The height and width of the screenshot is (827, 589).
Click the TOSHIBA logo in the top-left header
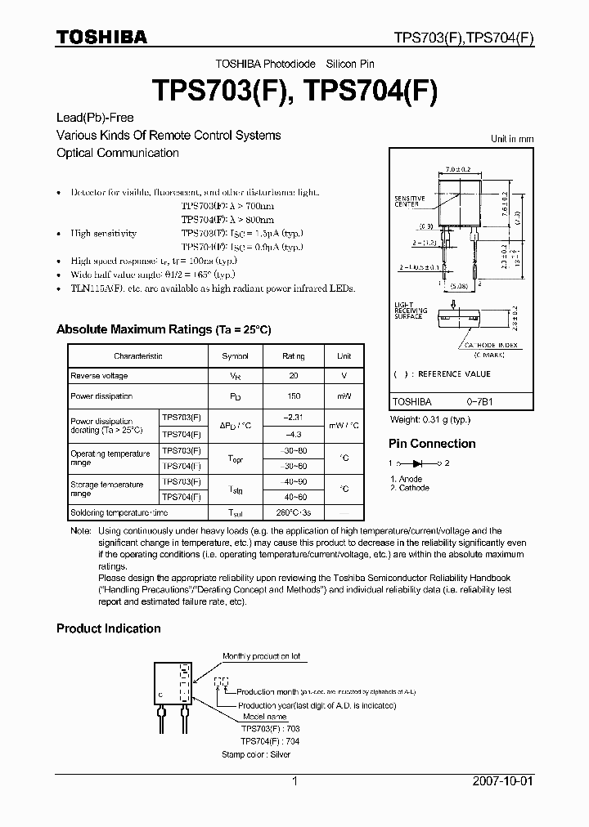[x=101, y=37]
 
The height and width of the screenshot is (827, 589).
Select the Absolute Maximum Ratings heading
[x=163, y=329]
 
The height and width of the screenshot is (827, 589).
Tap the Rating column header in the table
[x=293, y=356]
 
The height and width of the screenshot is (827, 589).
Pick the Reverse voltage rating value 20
[x=293, y=376]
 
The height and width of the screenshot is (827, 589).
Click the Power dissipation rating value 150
[x=293, y=396]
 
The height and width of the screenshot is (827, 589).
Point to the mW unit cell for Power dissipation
[x=344, y=396]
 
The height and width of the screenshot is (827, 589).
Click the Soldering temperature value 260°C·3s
[x=293, y=512]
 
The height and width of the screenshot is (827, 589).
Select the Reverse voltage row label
[x=99, y=376]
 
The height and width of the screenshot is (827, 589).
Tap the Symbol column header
[x=236, y=356]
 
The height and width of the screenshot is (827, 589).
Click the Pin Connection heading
[x=431, y=444]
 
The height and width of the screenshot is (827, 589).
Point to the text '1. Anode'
[x=407, y=479]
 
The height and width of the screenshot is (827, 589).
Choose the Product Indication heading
[x=108, y=628]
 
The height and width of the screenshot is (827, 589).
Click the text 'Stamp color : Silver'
[x=256, y=755]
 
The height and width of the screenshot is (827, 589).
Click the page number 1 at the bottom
[x=294, y=781]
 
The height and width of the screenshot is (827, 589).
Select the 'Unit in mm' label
[x=511, y=140]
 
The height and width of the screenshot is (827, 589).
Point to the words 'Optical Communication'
[x=117, y=153]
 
